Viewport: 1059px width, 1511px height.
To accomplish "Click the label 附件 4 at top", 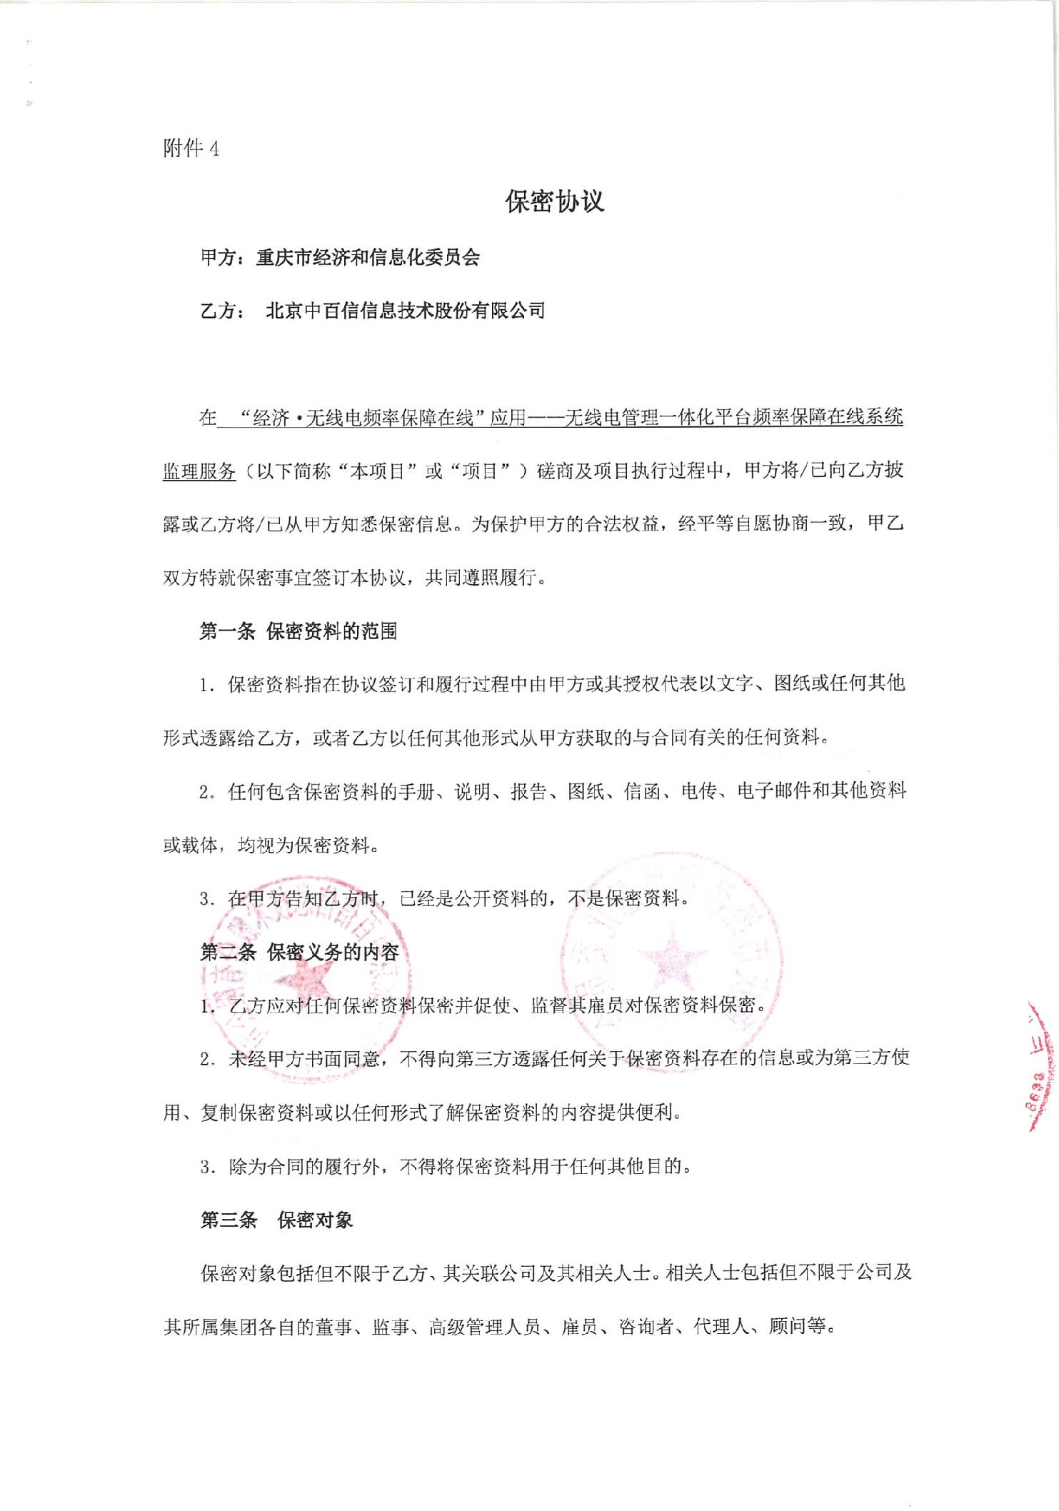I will pyautogui.click(x=191, y=149).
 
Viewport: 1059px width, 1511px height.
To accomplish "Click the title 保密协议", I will pyautogui.click(x=555, y=202).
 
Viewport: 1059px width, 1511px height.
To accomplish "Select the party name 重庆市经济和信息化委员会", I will pyautogui.click(x=368, y=258).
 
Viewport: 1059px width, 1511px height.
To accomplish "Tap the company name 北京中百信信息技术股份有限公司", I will pyautogui.click(x=405, y=311).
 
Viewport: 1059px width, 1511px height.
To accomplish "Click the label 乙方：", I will pyautogui.click(x=223, y=311).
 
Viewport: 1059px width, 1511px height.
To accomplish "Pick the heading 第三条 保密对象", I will pyautogui.click(x=276, y=1220).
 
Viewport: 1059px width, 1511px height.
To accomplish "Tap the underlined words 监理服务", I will pyautogui.click(x=199, y=471).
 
